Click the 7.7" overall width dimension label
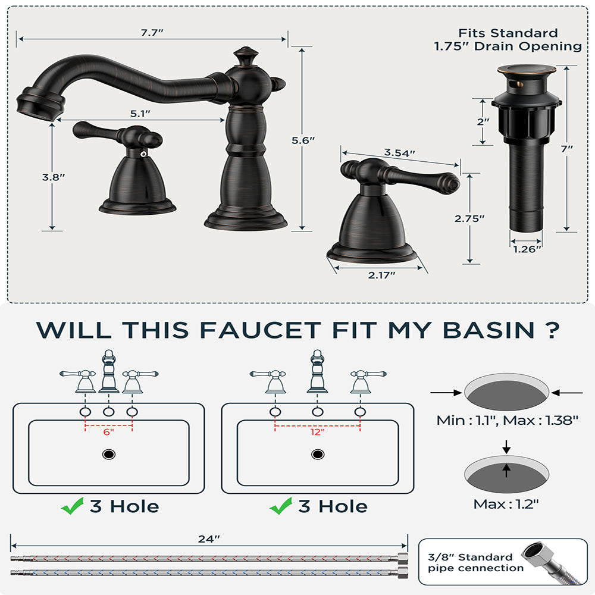point(152,33)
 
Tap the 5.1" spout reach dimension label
point(140,114)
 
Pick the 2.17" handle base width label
point(381,274)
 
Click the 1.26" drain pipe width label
point(527,249)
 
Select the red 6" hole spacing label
point(108,433)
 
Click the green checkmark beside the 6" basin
point(72,507)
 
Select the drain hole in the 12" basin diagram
point(318,455)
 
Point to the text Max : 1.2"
point(506,504)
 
